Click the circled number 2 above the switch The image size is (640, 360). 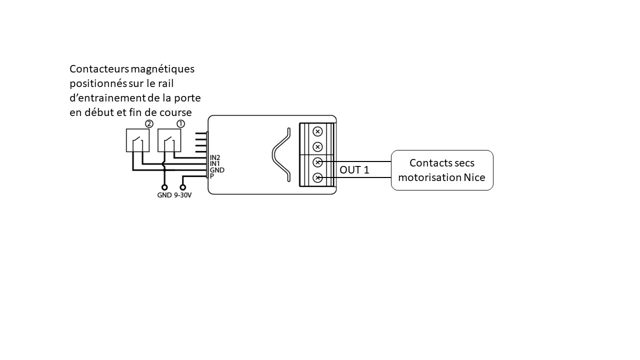coord(148,123)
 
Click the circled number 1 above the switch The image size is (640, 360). coord(180,123)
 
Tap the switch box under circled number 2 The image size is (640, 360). coord(137,140)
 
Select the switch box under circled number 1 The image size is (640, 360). coord(169,140)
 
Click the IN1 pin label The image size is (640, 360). coord(215,164)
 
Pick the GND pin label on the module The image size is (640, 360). coord(217,170)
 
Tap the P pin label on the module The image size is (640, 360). coord(212,176)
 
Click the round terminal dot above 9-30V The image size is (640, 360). coord(182,187)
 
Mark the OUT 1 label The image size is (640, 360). coord(354,170)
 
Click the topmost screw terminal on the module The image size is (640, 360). coord(317,131)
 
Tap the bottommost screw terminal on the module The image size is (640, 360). coord(317,178)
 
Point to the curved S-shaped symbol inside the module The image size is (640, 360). coord(281,155)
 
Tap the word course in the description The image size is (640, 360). coord(175,112)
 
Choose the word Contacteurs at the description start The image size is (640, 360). coord(98,69)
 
